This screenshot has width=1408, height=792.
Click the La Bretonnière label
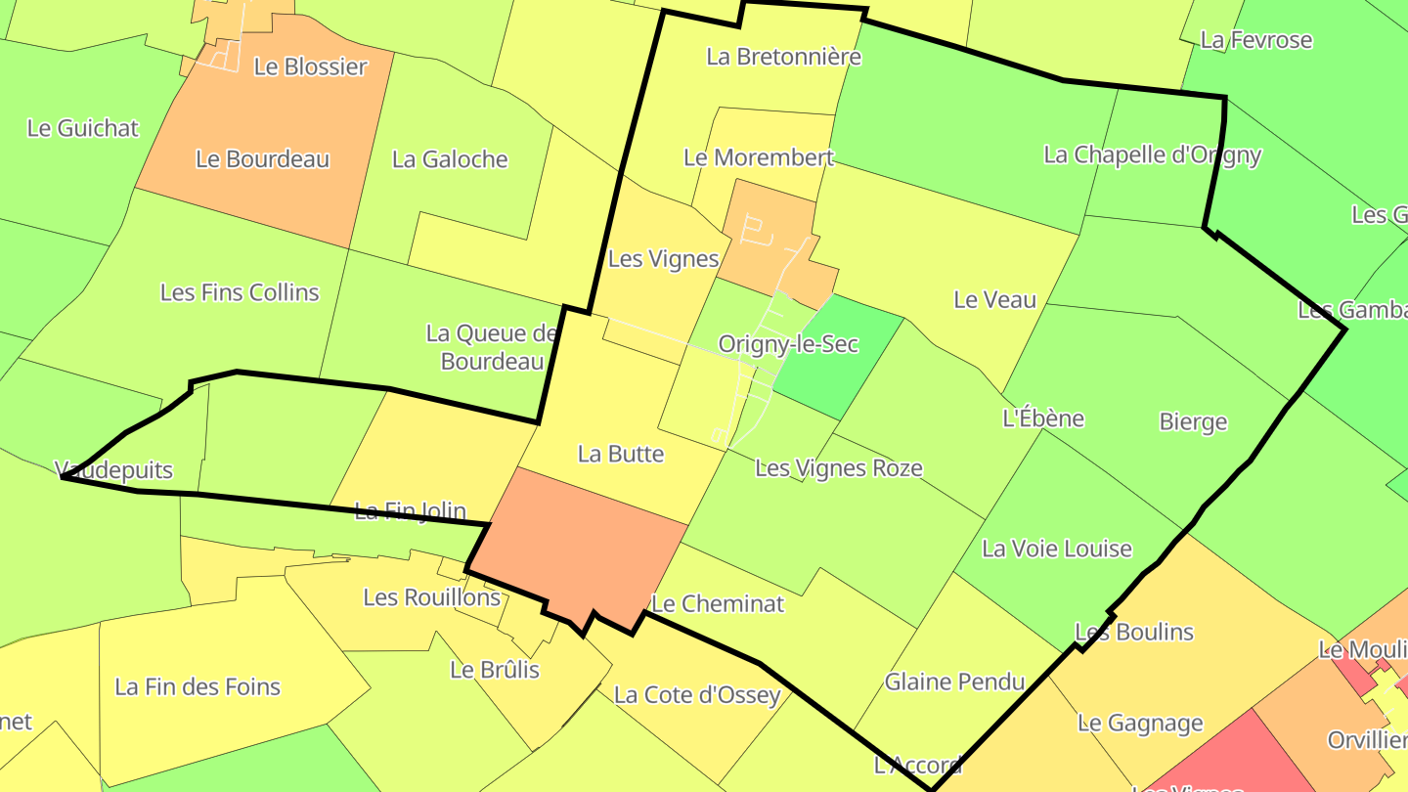pyautogui.click(x=783, y=57)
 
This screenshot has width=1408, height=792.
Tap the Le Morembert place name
pyautogui.click(x=759, y=157)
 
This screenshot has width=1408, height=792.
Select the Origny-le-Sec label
pyautogui.click(x=788, y=344)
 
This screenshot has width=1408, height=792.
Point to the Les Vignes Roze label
pyautogui.click(x=838, y=468)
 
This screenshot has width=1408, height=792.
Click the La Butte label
pyautogui.click(x=621, y=454)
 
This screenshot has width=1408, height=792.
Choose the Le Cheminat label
pyautogui.click(x=718, y=604)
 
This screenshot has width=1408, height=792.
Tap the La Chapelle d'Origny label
pyautogui.click(x=1153, y=154)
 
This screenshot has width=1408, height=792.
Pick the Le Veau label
pyautogui.click(x=994, y=300)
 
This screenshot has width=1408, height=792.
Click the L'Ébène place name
pyautogui.click(x=1043, y=418)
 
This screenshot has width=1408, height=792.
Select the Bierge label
pyautogui.click(x=1193, y=422)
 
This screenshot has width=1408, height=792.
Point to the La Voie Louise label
pyautogui.click(x=1057, y=549)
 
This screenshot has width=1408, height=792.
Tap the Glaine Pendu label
pyautogui.click(x=954, y=682)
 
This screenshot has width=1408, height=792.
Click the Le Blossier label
pyautogui.click(x=310, y=67)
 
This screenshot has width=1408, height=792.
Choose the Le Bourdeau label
pyautogui.click(x=263, y=159)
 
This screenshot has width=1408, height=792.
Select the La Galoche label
pyautogui.click(x=450, y=159)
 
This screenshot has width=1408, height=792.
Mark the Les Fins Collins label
pyautogui.click(x=240, y=292)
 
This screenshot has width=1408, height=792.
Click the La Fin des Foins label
pyautogui.click(x=198, y=687)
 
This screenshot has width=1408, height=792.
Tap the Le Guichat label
pyautogui.click(x=83, y=128)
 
